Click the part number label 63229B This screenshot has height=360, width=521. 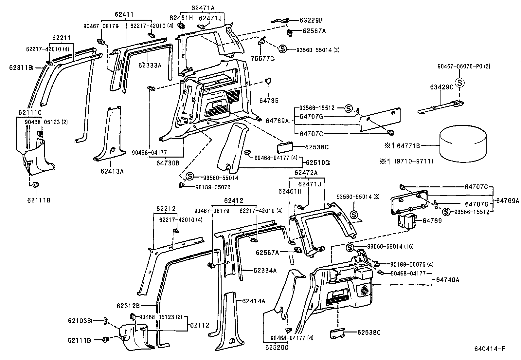[311, 20]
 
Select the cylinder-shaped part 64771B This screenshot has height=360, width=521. [462, 144]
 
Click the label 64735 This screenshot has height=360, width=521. [269, 101]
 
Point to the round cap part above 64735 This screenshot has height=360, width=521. [268, 81]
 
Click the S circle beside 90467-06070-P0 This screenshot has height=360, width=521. [460, 83]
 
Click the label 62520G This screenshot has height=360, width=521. [277, 348]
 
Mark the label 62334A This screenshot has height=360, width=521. [265, 271]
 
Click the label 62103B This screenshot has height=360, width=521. [80, 320]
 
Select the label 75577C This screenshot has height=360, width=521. [262, 59]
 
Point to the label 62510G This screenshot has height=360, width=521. [318, 162]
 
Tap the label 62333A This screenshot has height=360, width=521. [150, 65]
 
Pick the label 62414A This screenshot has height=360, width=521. [254, 301]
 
